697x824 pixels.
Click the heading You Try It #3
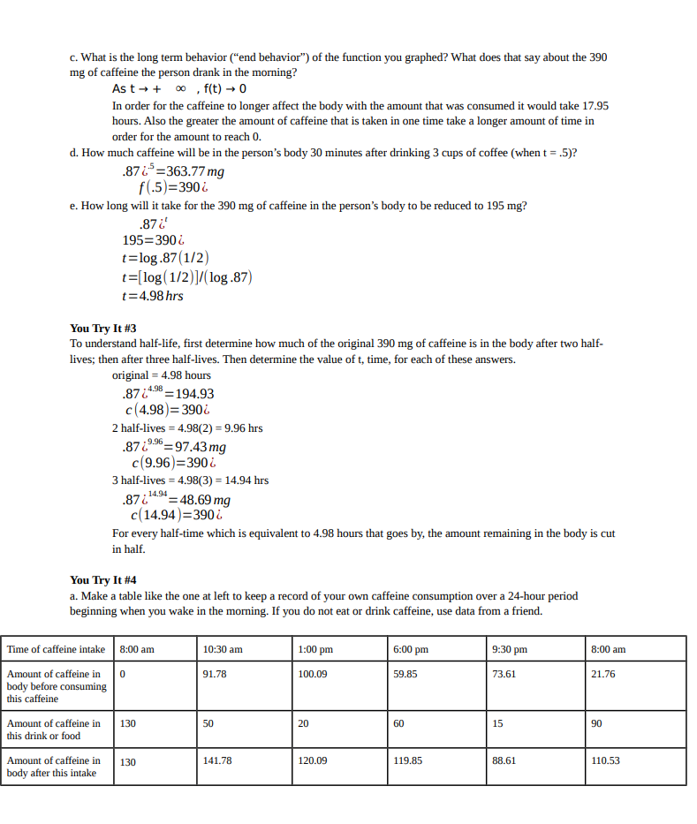pos(102,329)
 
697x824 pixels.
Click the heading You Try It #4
pos(102,580)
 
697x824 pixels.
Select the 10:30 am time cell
pos(223,650)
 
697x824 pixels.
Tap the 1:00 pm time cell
pos(317,650)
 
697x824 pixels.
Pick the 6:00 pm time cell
pos(413,650)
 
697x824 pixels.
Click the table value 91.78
pos(215,674)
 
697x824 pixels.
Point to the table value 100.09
pos(313,674)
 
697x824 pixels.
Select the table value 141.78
pos(217,760)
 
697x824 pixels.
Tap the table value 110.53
pos(605,760)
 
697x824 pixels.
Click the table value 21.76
pos(602,674)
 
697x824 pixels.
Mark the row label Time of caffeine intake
pos(56,650)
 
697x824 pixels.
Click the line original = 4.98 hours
pos(162,375)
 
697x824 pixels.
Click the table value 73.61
pos(504,674)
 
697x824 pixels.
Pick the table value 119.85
pos(408,760)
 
